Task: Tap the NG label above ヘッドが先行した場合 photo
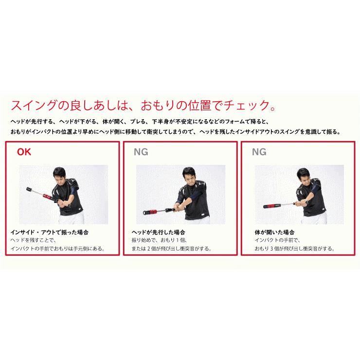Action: coord(141,152)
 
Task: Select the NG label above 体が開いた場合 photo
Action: coord(259,152)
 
